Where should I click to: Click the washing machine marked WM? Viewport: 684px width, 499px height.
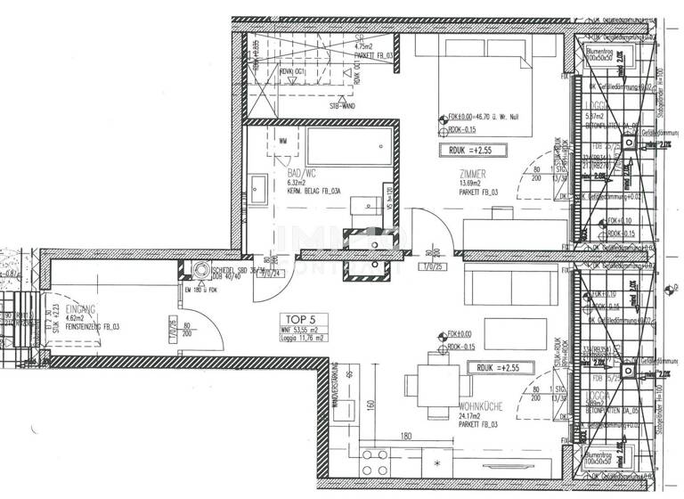point(283,141)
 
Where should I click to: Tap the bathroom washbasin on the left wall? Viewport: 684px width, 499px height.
point(258,188)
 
